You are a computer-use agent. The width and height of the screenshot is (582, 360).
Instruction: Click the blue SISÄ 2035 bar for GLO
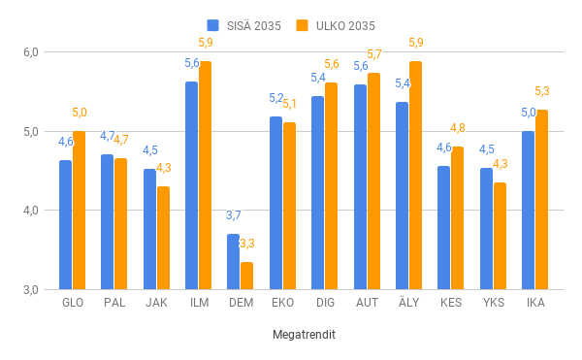tap(65, 224)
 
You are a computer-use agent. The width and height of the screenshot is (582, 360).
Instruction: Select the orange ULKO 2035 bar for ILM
tap(205, 175)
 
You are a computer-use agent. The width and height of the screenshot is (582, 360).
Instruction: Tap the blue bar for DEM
tap(233, 261)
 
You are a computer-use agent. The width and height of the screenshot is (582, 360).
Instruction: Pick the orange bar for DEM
tap(246, 276)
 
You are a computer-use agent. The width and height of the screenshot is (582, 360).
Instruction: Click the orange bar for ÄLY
tap(415, 175)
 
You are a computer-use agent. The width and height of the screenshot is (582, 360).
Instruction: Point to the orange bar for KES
tap(457, 217)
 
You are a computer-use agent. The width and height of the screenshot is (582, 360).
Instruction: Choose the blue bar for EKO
tap(275, 203)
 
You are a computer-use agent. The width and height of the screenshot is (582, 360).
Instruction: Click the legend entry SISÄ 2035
tap(243, 25)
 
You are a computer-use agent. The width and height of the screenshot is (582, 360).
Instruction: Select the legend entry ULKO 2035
tap(336, 25)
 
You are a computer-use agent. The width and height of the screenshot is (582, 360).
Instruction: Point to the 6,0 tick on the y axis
tap(30, 51)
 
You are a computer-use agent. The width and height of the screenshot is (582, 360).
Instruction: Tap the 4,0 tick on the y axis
tap(30, 211)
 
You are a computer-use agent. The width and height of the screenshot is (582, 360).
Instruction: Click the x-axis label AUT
tap(367, 303)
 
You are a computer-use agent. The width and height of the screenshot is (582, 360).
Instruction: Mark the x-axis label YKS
tap(493, 303)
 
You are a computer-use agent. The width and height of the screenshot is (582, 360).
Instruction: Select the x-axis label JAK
tap(156, 303)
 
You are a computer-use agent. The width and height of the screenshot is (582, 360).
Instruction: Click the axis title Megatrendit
tap(303, 335)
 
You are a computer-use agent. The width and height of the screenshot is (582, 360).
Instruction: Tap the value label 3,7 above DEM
tap(234, 215)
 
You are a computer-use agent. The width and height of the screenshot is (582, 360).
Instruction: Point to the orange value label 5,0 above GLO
tap(79, 113)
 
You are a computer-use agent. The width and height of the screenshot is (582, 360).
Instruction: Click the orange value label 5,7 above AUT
tap(373, 54)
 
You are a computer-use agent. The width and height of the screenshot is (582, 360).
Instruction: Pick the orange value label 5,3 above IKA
tap(542, 91)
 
